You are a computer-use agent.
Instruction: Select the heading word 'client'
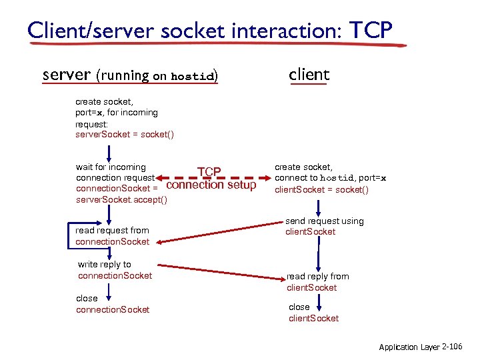coord(309,75)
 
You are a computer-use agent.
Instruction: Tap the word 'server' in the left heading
coord(66,75)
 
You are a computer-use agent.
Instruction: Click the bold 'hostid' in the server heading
coord(193,76)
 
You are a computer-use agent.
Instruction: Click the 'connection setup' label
coord(211,185)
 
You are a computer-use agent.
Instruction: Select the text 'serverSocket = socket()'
coord(125,135)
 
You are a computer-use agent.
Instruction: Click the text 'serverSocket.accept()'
coord(121,200)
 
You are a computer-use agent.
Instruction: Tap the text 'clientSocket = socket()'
coord(321,189)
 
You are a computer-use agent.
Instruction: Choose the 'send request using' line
coord(325,221)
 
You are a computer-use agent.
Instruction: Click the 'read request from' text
coord(112,230)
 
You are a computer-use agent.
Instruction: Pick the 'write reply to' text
coord(105,264)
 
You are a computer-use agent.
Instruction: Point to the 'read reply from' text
coord(318,276)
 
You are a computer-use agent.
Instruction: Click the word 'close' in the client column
coord(299,307)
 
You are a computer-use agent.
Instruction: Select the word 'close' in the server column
coord(87,298)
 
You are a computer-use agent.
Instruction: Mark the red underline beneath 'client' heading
coord(309,85)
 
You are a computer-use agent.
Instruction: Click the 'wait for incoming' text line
coord(111,167)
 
